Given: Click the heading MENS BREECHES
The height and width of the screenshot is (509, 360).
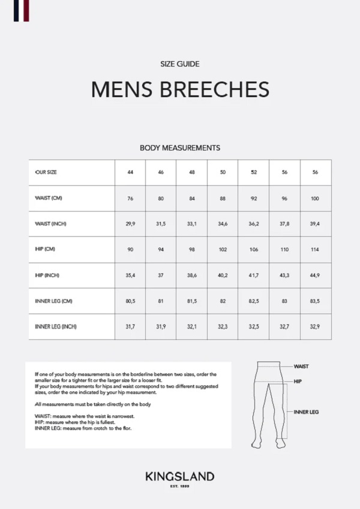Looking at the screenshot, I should click(x=180, y=89).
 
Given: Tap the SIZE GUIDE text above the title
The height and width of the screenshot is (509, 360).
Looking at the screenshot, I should click(x=180, y=64).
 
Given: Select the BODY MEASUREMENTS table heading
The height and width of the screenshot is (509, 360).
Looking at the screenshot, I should click(x=180, y=147).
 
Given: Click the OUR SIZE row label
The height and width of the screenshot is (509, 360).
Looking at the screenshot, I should click(x=46, y=173).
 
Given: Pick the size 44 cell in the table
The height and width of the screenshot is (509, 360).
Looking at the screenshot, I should click(x=130, y=173).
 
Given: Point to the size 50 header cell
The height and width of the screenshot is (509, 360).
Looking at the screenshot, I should click(x=223, y=173).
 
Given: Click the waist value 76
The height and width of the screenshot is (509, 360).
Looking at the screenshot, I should click(x=130, y=198).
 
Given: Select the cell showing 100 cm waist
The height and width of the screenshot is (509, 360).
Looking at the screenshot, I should click(x=315, y=198).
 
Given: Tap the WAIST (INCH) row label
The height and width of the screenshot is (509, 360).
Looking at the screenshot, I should click(x=51, y=224).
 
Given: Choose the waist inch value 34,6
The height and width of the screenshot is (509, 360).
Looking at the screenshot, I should click(x=223, y=224).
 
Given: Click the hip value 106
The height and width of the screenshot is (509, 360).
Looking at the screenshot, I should click(x=253, y=249).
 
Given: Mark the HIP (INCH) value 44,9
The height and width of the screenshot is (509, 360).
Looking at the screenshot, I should click(x=315, y=275).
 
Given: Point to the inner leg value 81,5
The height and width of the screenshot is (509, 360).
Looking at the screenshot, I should click(x=191, y=301).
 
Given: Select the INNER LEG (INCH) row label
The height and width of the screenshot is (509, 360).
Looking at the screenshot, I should click(x=56, y=327).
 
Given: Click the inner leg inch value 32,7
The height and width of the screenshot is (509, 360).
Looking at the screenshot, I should click(x=284, y=327).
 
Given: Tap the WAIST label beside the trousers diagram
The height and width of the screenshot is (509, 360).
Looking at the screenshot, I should click(x=301, y=366).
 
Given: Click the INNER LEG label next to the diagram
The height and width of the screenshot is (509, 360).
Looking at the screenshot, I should click(x=305, y=412).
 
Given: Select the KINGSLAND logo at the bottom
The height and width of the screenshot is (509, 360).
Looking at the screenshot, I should click(x=179, y=477).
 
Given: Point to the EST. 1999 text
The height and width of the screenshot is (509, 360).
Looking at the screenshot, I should click(x=179, y=486).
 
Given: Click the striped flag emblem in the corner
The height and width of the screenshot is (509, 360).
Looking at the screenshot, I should click(x=22, y=10).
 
